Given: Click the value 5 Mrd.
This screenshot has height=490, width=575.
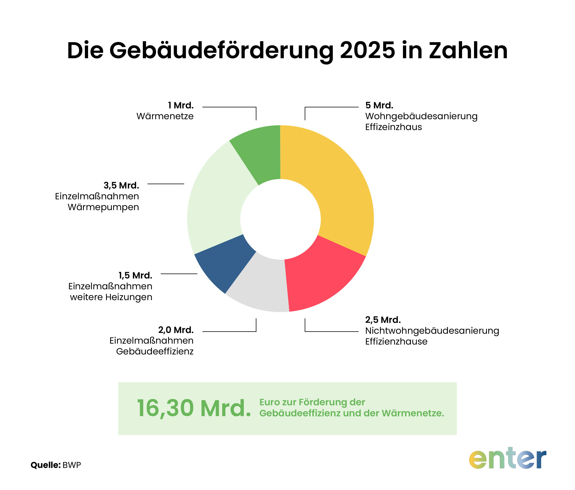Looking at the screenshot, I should [379, 105].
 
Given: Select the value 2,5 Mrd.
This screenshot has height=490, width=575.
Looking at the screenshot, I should [383, 320].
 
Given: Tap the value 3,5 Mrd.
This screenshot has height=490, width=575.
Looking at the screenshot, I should [121, 185].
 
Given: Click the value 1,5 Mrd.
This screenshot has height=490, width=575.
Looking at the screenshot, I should [135, 275].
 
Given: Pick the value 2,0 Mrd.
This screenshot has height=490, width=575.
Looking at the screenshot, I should [176, 330].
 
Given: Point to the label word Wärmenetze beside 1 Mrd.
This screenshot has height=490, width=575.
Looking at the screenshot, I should [165, 116].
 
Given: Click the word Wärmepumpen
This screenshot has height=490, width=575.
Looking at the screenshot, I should [103, 207].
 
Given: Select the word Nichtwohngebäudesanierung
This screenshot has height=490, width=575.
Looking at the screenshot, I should [432, 331].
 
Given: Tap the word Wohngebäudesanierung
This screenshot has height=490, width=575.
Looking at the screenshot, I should [421, 116].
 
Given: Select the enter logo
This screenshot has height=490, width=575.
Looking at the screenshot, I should [508, 458].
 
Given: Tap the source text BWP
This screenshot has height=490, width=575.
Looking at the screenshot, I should [72, 465].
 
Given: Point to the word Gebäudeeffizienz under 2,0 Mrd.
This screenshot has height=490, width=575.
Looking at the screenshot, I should [155, 351].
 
